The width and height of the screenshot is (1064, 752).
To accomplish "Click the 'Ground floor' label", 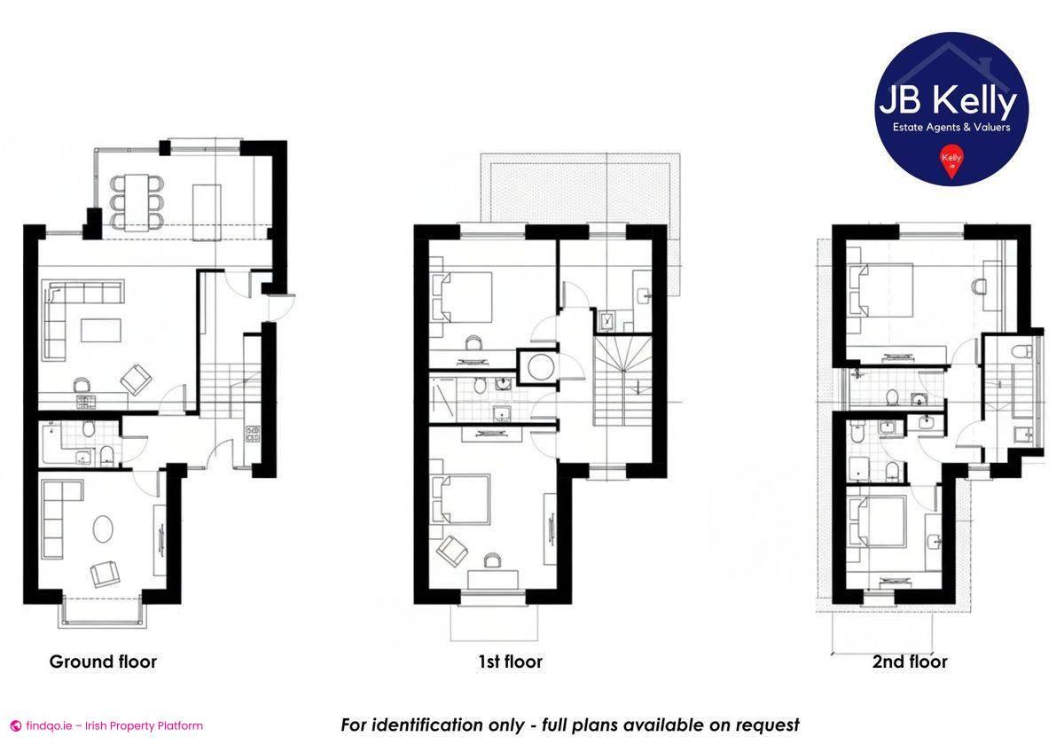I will pyautogui.click(x=103, y=662).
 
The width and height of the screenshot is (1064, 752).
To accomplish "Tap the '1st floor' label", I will pyautogui.click(x=509, y=662).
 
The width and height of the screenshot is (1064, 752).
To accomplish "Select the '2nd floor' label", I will pyautogui.click(x=910, y=662).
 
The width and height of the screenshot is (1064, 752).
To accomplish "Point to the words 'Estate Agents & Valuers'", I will pyautogui.click(x=951, y=127).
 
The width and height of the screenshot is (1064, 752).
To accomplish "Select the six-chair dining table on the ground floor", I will pyautogui.click(x=137, y=202).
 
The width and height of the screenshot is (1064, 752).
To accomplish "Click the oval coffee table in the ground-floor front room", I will pyautogui.click(x=104, y=529).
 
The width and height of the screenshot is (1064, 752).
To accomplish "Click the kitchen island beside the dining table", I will pyautogui.click(x=206, y=205).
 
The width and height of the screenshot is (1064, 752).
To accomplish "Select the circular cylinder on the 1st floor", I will pyautogui.click(x=537, y=365).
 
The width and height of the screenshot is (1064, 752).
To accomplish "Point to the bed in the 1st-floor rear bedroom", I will pyautogui.click(x=465, y=297).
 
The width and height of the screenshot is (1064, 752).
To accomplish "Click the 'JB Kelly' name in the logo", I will pyautogui.click(x=947, y=102).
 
